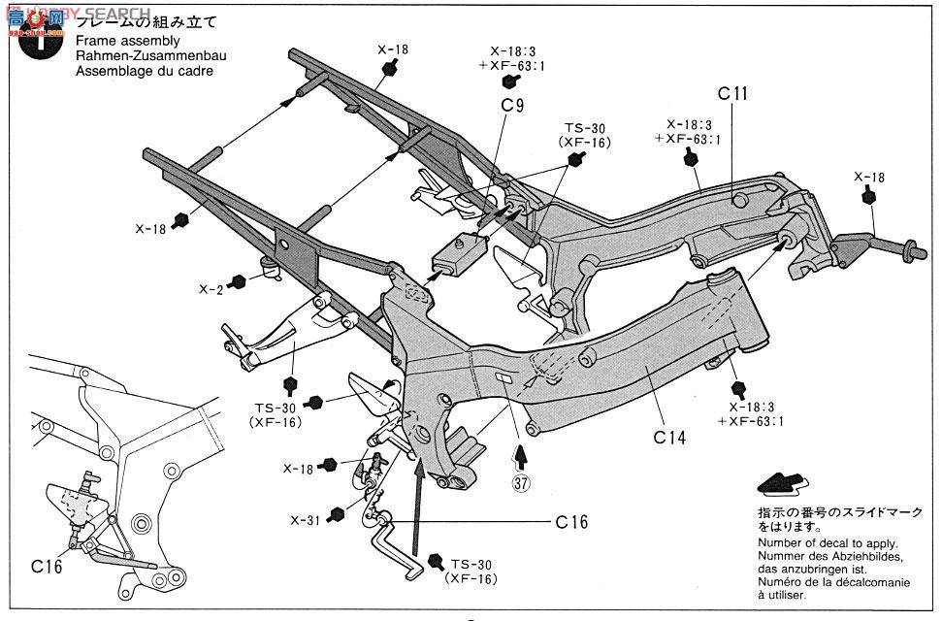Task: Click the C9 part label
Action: coord(512,105)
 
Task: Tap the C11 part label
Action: coord(732,94)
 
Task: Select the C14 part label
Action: coord(669,438)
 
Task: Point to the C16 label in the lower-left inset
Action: coord(47,566)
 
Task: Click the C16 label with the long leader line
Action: coord(572,521)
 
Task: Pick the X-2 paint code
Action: coord(211,288)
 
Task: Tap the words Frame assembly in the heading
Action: coord(125,41)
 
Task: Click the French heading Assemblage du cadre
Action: coord(142,71)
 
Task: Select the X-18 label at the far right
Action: coord(869,177)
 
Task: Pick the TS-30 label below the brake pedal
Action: coord(473,565)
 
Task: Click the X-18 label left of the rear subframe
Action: coord(150,229)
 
